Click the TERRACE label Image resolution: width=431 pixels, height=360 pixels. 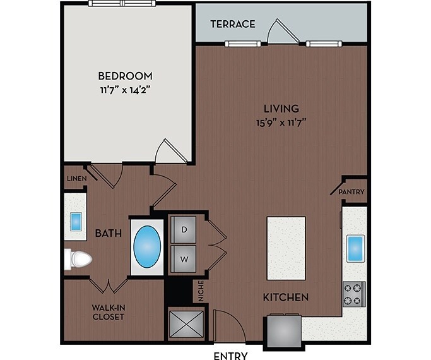click(x=232, y=24)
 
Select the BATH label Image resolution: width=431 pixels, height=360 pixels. click(x=108, y=234)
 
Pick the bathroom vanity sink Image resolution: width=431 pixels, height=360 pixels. click(x=76, y=222)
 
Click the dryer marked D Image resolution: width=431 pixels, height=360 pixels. click(x=185, y=229)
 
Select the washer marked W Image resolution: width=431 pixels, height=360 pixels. click(x=185, y=258)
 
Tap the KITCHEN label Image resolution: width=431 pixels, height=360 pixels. click(x=286, y=297)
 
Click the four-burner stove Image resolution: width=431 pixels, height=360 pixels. click(x=353, y=294)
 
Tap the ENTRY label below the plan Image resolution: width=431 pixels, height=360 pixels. click(x=231, y=355)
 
